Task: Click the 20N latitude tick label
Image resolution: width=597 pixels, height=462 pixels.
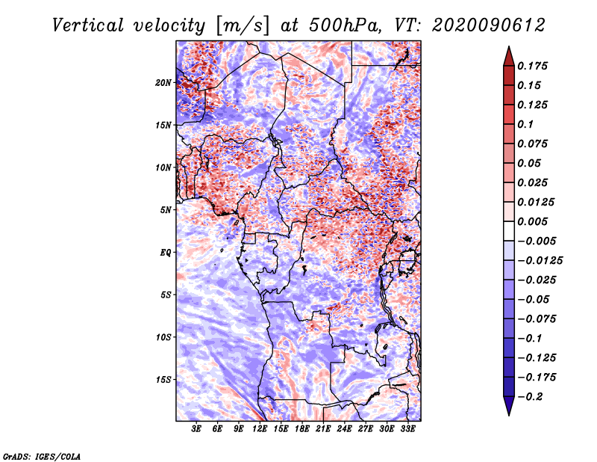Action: click(163, 82)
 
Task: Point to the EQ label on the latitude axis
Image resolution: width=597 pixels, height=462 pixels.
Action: click(166, 252)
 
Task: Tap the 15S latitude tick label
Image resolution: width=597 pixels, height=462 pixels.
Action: click(163, 379)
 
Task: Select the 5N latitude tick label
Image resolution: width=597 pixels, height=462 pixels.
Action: click(166, 209)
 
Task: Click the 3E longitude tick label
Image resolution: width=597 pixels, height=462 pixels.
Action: click(197, 430)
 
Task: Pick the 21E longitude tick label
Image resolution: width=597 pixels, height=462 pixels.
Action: click(323, 430)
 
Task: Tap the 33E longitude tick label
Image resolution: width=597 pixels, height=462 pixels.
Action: click(407, 430)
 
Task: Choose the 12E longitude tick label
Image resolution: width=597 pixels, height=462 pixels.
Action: click(260, 430)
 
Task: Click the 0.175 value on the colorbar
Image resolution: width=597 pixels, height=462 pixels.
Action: click(534, 66)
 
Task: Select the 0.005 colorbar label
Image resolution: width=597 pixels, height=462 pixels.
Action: click(534, 221)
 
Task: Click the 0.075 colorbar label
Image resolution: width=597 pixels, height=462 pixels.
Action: click(534, 144)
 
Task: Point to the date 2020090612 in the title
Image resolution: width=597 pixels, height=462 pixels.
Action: click(476, 25)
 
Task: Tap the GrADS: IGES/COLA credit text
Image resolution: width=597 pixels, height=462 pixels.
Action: click(41, 455)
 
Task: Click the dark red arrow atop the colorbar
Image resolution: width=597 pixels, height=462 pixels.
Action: click(508, 55)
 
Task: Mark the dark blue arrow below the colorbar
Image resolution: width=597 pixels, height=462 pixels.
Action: click(508, 406)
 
